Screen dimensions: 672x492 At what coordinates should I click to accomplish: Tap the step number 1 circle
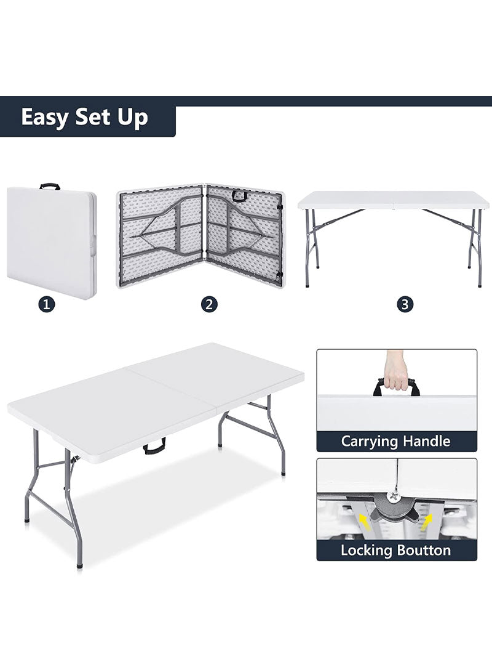pos(47,304)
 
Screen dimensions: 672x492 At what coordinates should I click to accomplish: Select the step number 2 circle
pos(210,304)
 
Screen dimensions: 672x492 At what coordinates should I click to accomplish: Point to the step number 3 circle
pos(405,304)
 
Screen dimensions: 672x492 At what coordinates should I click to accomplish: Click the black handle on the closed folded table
pos(50,185)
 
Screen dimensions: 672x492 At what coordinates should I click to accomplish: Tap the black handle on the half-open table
pos(239,195)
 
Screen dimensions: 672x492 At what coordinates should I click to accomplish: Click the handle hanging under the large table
pos(154,447)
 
